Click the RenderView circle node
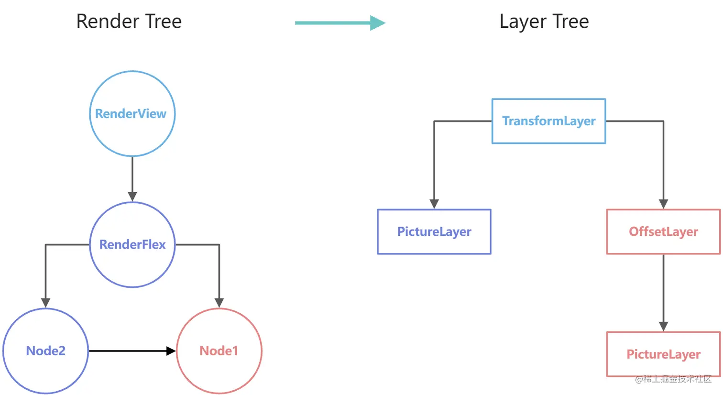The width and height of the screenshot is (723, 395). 132,114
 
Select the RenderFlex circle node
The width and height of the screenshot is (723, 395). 132,244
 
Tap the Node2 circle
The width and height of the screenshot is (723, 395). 46,351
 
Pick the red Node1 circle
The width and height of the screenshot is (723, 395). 219,351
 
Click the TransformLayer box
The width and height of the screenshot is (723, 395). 549,121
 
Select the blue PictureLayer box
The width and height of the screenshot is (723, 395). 434,231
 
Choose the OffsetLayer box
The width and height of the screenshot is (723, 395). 663,231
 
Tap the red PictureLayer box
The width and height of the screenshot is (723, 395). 663,354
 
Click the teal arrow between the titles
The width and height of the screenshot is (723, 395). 340,22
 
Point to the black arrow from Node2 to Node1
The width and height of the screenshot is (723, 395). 131,351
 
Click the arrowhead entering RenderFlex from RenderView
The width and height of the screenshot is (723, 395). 132,197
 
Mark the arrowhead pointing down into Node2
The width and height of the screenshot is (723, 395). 45,303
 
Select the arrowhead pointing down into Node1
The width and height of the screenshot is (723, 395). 219,303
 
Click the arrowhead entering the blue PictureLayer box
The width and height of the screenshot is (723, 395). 434,204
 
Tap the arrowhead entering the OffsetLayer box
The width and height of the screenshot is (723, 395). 663,204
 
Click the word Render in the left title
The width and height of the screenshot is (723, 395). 101,22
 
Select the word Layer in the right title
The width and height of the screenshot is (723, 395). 523,22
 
